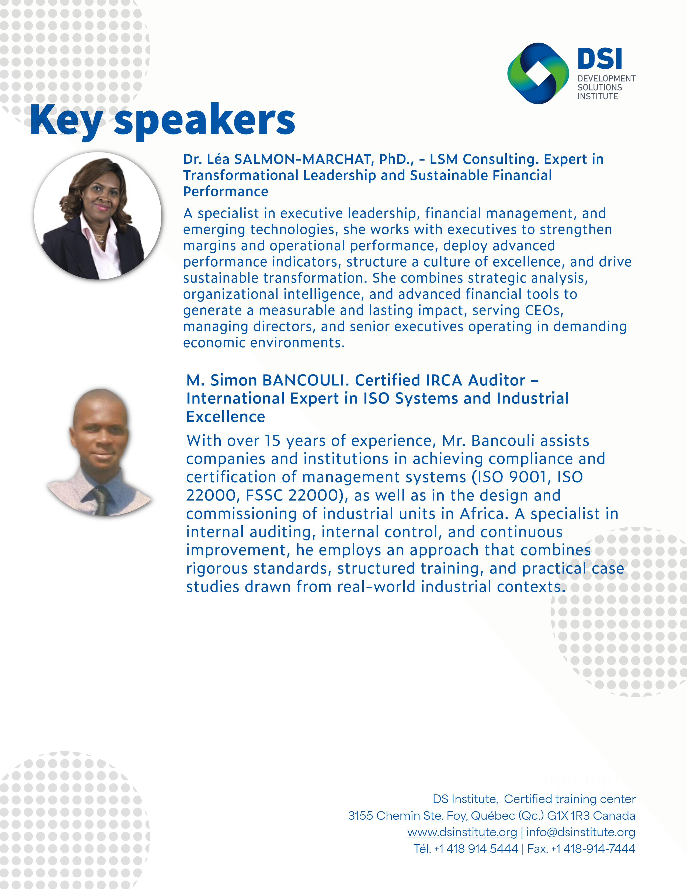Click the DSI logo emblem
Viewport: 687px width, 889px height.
tap(538, 73)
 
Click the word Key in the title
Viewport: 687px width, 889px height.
tap(66, 120)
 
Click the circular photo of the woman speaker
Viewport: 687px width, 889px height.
tap(98, 216)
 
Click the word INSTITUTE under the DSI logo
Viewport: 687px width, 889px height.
tap(598, 96)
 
